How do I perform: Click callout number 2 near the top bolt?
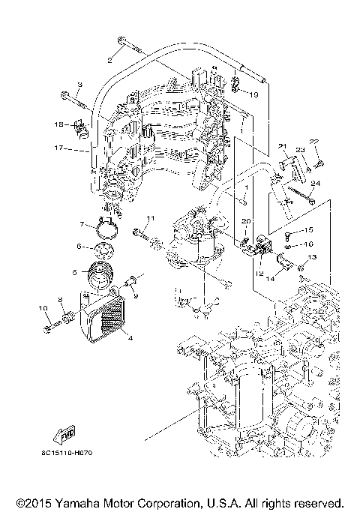click(x=109, y=58)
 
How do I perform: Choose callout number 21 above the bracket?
click(x=283, y=146)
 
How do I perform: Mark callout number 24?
click(x=316, y=182)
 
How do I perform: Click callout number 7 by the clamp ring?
click(x=82, y=223)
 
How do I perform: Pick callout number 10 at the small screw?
click(x=42, y=308)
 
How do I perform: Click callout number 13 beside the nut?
click(x=313, y=257)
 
